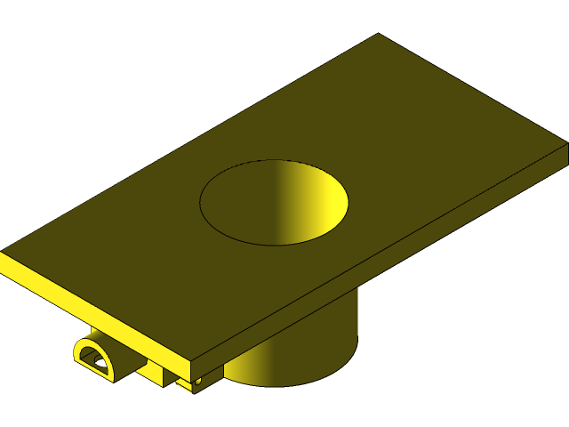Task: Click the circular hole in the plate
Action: tap(273, 202)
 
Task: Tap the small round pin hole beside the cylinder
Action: tap(198, 380)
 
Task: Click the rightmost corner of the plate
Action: tap(566, 142)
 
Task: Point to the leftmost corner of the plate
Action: tap(2, 254)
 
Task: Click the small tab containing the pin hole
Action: tap(188, 383)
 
